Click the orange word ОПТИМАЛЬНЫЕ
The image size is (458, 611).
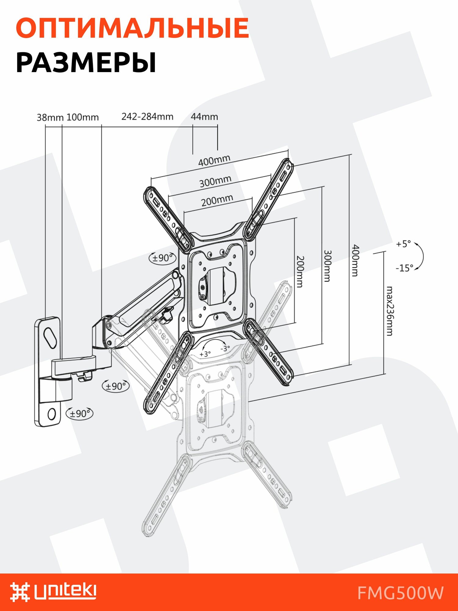132,28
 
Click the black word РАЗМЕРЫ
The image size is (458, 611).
86,63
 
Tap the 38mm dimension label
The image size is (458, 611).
50,118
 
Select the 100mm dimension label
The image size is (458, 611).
82,117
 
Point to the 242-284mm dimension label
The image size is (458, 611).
147,117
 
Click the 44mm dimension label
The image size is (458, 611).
204,117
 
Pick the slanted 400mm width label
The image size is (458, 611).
214,160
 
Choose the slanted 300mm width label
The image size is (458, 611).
215,181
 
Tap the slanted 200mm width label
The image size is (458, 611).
217,201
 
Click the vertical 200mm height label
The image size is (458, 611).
300,272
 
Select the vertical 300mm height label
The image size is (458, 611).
327,266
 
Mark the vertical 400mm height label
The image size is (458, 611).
355,260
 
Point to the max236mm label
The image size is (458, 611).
389,311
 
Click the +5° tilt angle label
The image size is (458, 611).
403,244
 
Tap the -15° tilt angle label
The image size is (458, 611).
404,268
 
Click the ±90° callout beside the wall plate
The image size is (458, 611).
80,414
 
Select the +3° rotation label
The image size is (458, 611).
205,354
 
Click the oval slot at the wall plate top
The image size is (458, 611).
50,337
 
